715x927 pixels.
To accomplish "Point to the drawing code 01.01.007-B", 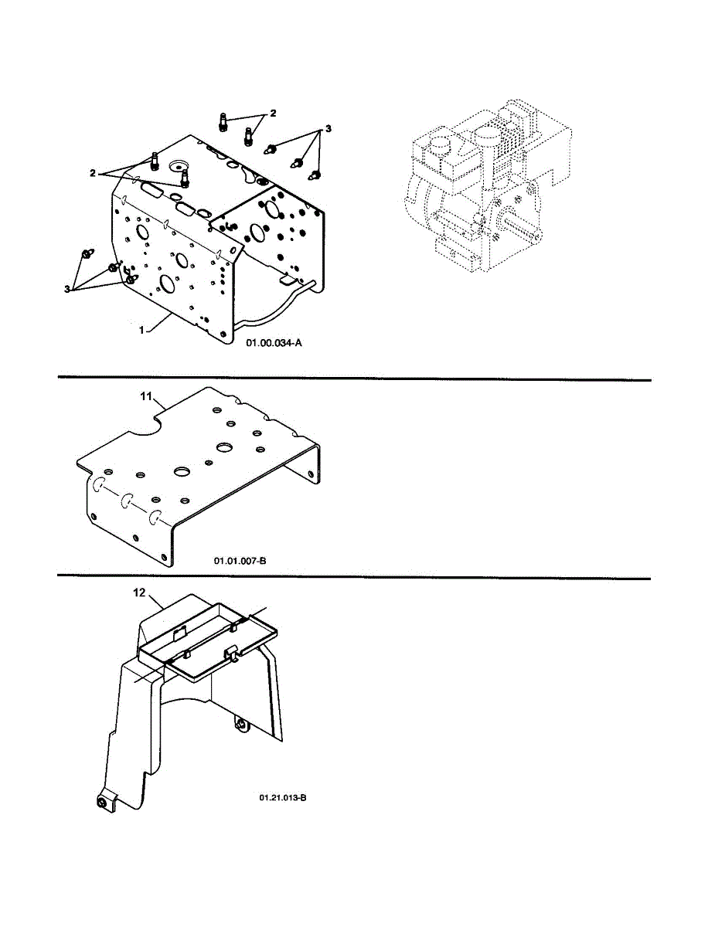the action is click(x=240, y=561).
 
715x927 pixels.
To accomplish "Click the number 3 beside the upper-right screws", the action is click(x=329, y=129).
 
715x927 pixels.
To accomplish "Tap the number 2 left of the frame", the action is click(x=92, y=173).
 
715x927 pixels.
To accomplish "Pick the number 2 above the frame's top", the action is click(x=272, y=114).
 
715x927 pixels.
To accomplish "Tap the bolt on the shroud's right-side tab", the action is click(x=241, y=725).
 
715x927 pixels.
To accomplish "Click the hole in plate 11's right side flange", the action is click(x=314, y=473).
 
